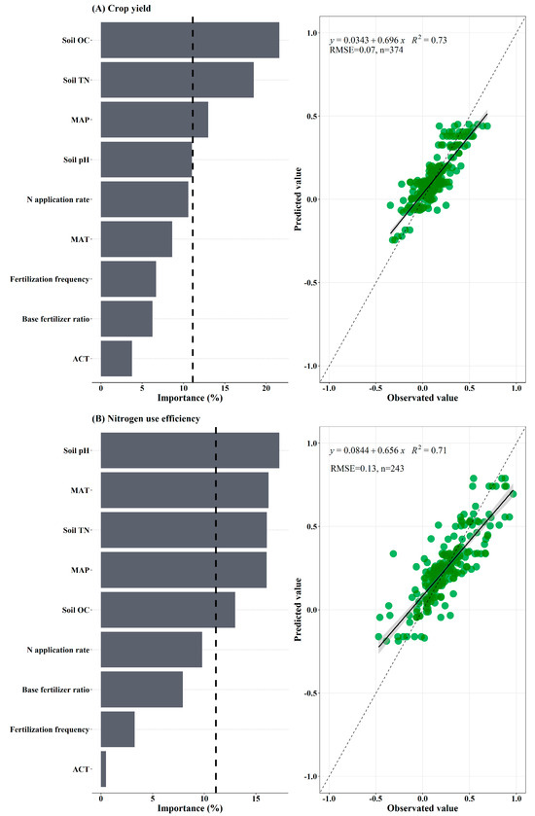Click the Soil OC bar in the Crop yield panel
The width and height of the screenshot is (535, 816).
click(x=190, y=41)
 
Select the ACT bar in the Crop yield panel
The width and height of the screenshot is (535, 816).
click(x=116, y=358)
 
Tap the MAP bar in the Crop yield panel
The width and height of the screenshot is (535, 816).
click(x=154, y=120)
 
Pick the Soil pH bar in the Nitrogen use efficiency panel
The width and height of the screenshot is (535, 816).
click(x=190, y=450)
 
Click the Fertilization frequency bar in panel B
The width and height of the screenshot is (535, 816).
click(x=118, y=728)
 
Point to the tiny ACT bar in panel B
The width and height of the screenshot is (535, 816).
click(x=103, y=768)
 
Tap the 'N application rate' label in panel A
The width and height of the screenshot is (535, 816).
click(x=58, y=199)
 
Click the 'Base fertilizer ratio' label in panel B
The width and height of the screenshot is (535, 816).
click(x=55, y=689)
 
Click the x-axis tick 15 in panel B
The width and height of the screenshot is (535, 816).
click(x=256, y=797)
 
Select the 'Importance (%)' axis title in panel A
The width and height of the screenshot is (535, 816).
click(x=190, y=398)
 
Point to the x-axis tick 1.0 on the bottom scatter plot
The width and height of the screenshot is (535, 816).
click(x=516, y=796)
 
